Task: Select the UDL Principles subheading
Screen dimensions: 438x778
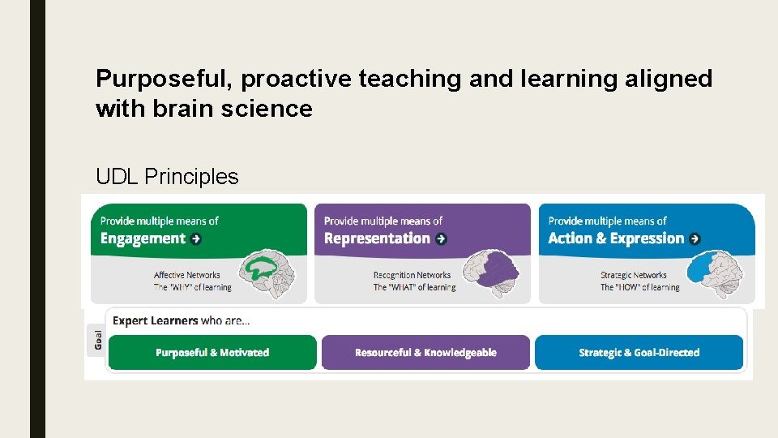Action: [167, 177]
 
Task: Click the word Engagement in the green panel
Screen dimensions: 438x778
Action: [143, 238]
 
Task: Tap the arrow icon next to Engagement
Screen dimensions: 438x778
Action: [196, 238]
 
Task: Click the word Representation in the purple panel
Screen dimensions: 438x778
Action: [377, 238]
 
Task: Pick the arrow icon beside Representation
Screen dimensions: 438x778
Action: [441, 238]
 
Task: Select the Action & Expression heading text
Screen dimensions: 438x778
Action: [616, 238]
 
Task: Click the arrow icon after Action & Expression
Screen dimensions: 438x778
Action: [695, 238]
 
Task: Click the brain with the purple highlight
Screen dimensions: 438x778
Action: [497, 271]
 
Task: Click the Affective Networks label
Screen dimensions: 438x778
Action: [186, 275]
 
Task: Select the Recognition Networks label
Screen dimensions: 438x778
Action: [412, 275]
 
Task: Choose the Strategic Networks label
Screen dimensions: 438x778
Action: [634, 275]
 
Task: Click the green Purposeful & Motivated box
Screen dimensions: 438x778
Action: [212, 353]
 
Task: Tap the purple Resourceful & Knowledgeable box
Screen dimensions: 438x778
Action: [425, 353]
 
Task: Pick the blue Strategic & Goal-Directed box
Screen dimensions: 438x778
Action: [639, 353]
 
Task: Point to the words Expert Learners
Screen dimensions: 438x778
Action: [155, 320]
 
